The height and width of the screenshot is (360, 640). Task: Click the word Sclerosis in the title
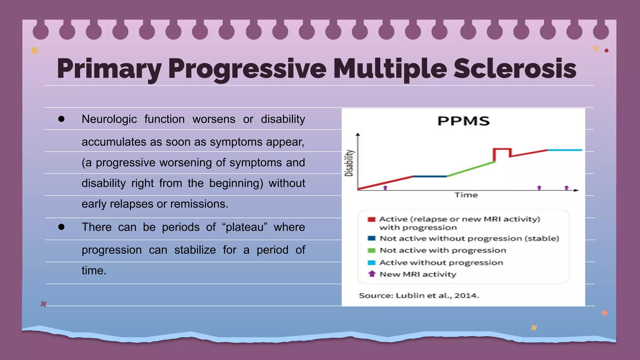[x=514, y=68]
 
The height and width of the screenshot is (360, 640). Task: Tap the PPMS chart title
[x=463, y=121]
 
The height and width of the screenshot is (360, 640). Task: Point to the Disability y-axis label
[x=349, y=163]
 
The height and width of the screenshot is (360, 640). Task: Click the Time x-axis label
[x=466, y=195]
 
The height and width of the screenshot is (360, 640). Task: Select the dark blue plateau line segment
[x=430, y=176]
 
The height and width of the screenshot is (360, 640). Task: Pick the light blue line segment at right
[x=565, y=150]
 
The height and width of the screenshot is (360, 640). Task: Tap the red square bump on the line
[x=502, y=149]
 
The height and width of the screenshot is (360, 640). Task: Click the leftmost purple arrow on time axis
[x=385, y=187]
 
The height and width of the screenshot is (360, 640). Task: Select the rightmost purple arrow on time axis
[x=567, y=187]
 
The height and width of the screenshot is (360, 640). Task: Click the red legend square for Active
[x=371, y=219]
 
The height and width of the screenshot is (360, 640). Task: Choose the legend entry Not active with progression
[x=442, y=250]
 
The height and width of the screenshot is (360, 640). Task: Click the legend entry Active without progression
[x=441, y=262]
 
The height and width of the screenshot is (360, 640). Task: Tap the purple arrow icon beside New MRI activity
[x=372, y=274]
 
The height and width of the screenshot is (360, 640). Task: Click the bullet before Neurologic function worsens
[x=61, y=119]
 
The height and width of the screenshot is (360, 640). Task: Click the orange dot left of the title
[x=35, y=51]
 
